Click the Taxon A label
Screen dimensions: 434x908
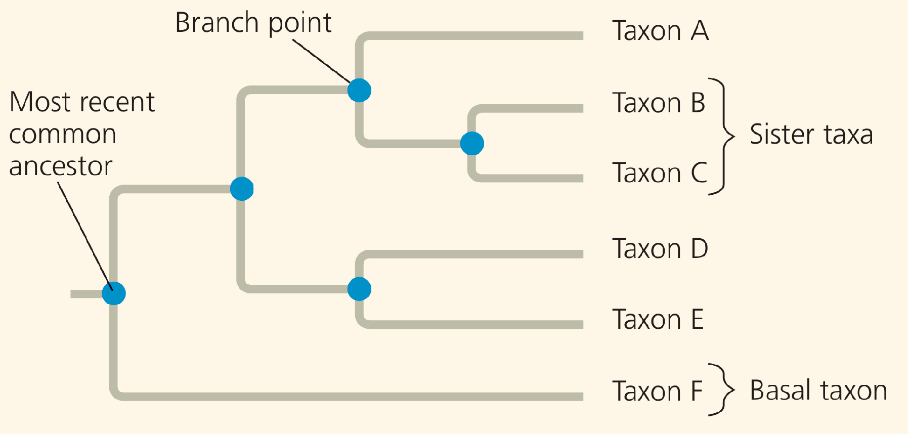[660, 31]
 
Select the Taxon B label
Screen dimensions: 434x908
[658, 103]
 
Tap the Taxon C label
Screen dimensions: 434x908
[659, 173]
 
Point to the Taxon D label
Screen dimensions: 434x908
[660, 249]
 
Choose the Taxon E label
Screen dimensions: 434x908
[658, 320]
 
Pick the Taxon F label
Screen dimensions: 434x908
[657, 391]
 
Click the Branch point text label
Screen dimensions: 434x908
[253, 23]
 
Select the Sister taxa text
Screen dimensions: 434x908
[811, 135]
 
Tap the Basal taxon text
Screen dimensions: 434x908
[818, 390]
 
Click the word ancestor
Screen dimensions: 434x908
[61, 166]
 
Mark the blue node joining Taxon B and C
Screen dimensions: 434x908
[472, 143]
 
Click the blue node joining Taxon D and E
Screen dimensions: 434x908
[359, 289]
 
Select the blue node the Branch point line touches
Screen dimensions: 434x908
[359, 91]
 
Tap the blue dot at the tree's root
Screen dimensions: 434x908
[114, 293]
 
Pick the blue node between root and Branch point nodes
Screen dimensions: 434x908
[241, 189]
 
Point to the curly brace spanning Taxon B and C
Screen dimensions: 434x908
[726, 136]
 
